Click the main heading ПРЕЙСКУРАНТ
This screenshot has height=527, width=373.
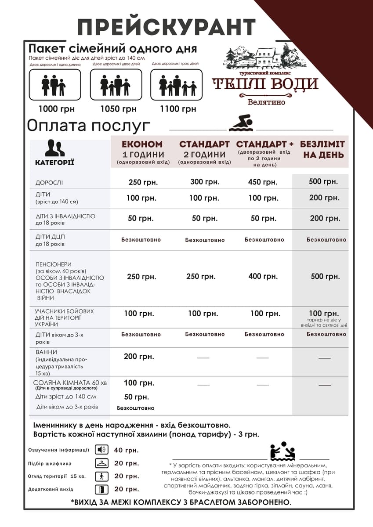coord(166,27)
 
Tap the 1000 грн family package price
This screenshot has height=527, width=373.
coord(57,109)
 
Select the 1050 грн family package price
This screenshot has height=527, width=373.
coord(118,109)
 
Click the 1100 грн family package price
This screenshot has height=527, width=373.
coord(178,109)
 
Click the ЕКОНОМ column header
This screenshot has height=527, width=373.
coord(142,144)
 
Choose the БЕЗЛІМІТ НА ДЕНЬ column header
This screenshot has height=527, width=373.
coord(322,149)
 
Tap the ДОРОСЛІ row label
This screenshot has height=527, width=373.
coord(49,183)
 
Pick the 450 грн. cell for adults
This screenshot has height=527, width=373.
coord(263,182)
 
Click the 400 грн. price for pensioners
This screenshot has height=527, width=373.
coord(263,277)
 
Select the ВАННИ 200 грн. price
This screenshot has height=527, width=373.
coord(139,357)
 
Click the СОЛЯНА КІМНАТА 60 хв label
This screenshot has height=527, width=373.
coord(70,383)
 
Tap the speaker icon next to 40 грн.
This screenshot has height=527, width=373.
coord(101,450)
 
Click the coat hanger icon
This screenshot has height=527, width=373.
coord(101,463)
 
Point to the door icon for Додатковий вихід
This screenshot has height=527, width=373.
coord(101,489)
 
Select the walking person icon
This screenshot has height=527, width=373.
coord(101,476)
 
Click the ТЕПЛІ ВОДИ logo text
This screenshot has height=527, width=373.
coord(265,84)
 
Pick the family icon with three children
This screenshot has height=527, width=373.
coord(176,85)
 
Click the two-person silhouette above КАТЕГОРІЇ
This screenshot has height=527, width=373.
coord(55,148)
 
